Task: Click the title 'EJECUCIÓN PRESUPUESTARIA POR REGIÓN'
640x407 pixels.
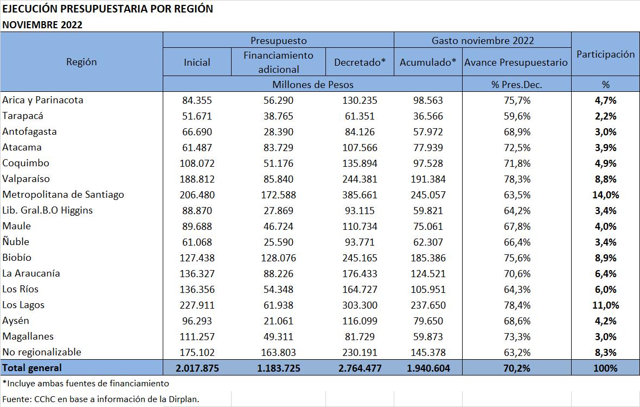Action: tap(107, 9)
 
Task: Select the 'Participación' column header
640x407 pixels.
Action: tap(605, 54)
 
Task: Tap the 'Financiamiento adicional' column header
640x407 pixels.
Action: tap(278, 62)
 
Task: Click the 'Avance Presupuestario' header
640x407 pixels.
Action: tap(516, 62)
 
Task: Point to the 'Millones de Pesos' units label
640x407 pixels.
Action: tap(312, 84)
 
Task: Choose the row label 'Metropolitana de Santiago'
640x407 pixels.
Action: tap(63, 195)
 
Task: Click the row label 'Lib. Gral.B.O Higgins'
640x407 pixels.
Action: tap(48, 210)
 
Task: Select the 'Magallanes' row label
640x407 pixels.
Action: tap(28, 336)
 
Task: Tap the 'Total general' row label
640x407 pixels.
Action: tap(32, 368)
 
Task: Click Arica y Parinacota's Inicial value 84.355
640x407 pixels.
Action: tap(197, 101)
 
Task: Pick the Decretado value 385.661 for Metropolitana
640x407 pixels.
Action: tap(360, 195)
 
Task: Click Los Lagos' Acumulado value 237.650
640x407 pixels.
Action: tap(428, 305)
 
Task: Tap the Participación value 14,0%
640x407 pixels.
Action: tap(605, 195)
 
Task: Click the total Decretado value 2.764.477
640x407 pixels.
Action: tap(360, 368)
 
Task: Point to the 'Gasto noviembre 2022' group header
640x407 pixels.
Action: tap(482, 41)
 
